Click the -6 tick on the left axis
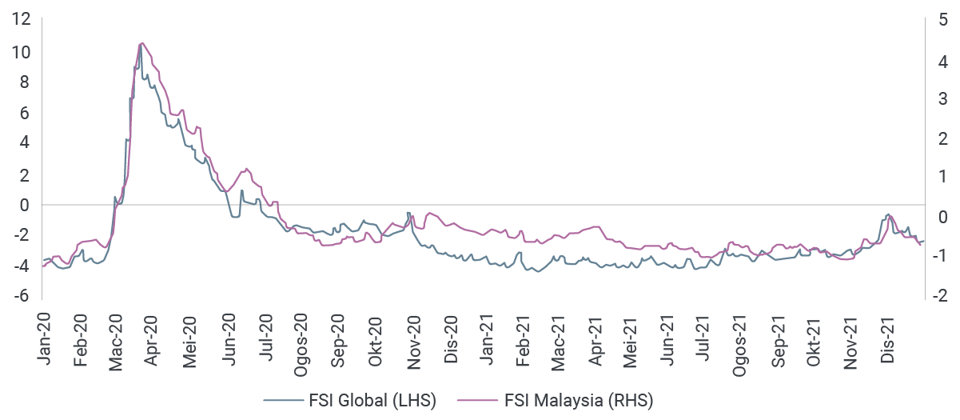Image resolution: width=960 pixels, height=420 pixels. (x=22, y=296)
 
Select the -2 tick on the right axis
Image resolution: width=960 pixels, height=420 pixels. (x=940, y=296)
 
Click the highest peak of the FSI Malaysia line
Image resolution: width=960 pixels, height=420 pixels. (x=141, y=42)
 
